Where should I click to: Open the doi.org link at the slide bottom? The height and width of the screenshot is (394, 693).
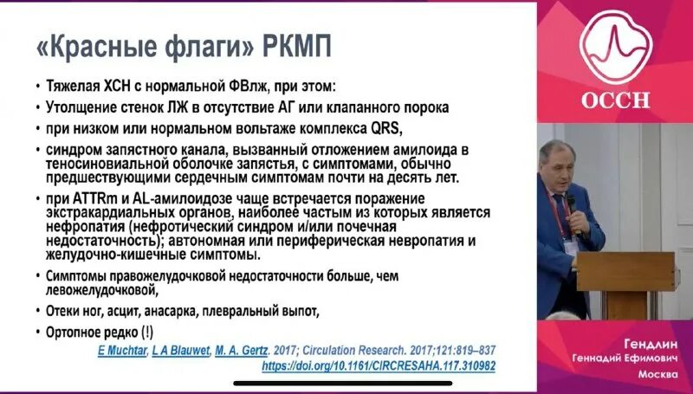[379, 366]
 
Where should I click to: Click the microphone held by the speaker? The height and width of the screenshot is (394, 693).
[572, 208]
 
